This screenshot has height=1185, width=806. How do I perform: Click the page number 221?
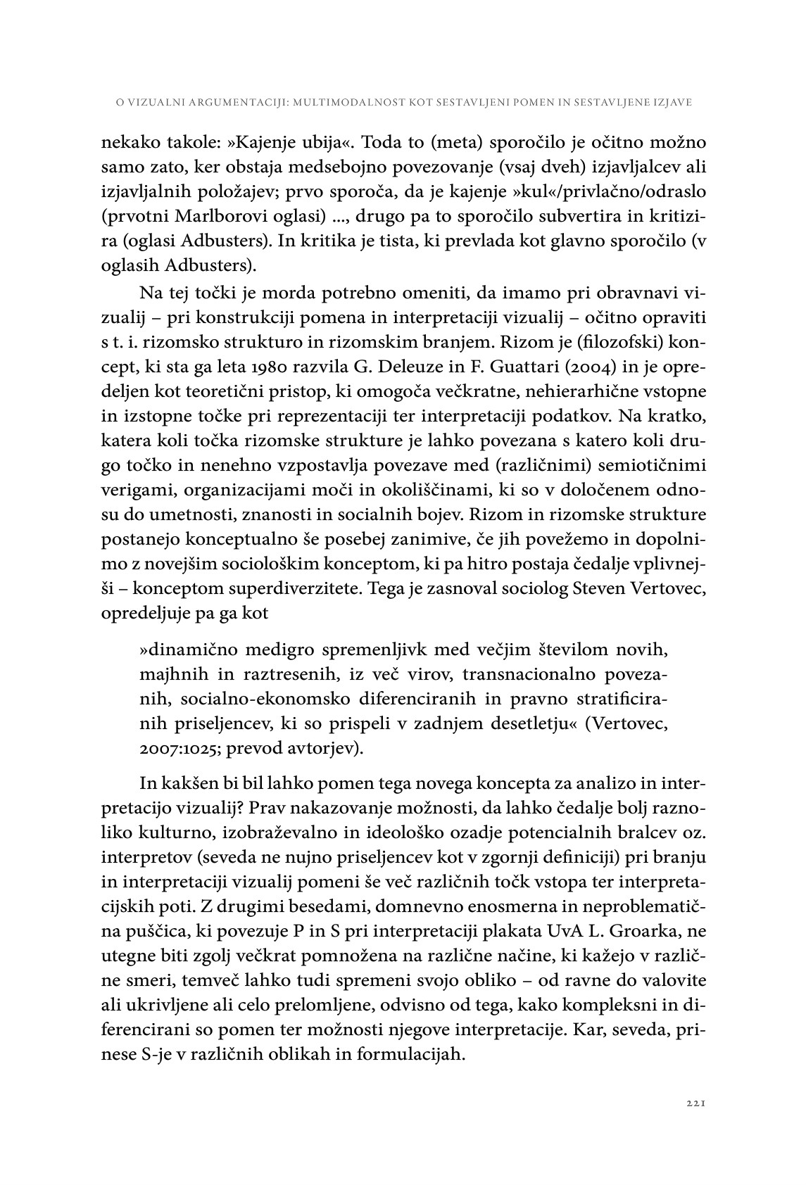click(x=695, y=1105)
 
